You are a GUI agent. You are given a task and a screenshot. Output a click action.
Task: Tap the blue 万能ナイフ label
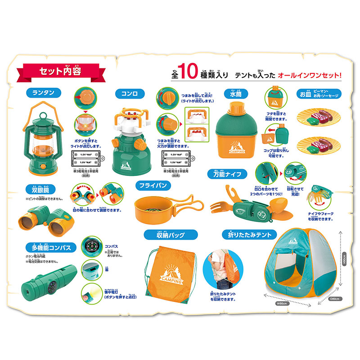(227, 174)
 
